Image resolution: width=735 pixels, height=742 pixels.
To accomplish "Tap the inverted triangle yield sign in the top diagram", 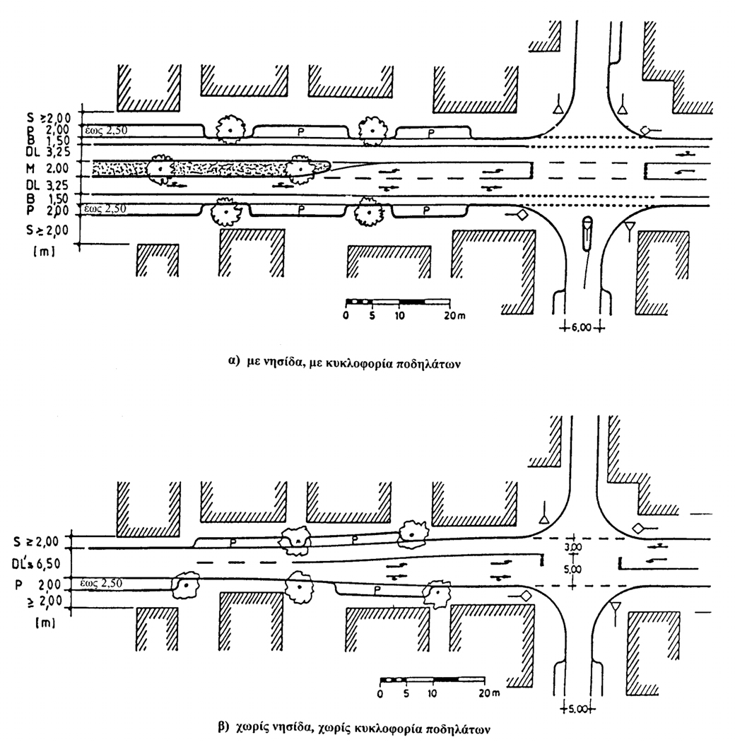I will (x=628, y=228).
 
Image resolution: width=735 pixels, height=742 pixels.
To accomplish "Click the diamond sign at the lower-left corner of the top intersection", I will (x=522, y=216).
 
